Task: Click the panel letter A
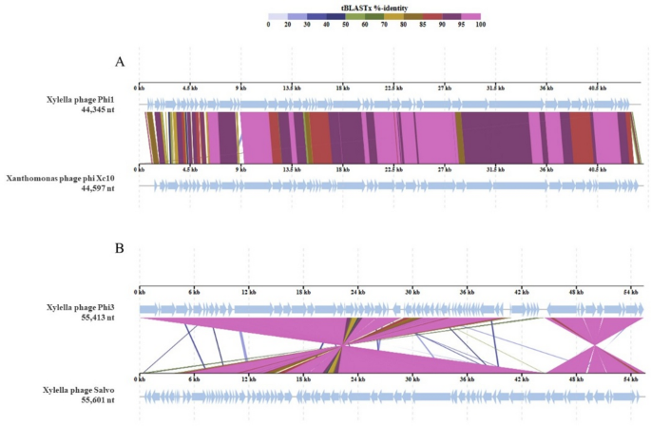120,62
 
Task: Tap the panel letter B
120,249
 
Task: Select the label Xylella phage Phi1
87,100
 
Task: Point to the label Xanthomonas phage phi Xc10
69,178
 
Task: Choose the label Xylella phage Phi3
87,307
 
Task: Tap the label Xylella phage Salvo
86,392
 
